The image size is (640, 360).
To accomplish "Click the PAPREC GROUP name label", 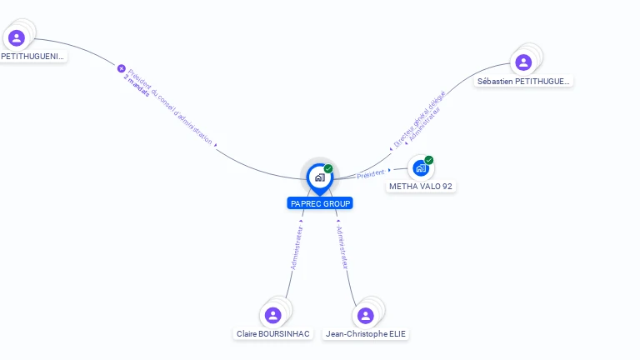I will point(320,203).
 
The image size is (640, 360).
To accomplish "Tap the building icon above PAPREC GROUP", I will point(319,177).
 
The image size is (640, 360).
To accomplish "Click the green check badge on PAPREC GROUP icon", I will point(328,169).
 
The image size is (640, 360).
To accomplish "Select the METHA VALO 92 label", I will point(421,187).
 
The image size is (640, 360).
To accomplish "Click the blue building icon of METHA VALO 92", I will point(421,168).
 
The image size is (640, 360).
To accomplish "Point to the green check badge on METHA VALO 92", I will point(429,160).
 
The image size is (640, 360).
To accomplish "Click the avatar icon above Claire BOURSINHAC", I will point(272,315).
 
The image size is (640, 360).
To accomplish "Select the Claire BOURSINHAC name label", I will point(272,334).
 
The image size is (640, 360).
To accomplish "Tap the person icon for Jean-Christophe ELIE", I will point(365,316).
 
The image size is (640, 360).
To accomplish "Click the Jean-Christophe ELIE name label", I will point(367,334).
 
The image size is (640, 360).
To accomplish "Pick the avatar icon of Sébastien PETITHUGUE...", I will point(523,62).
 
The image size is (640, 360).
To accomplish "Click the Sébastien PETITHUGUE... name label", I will point(524,82).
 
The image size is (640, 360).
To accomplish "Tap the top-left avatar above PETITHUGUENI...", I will point(17,37).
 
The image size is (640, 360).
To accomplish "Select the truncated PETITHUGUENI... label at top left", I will point(32,57).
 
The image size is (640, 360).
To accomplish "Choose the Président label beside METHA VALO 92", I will point(370,173).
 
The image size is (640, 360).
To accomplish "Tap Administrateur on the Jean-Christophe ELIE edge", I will point(342,246).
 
